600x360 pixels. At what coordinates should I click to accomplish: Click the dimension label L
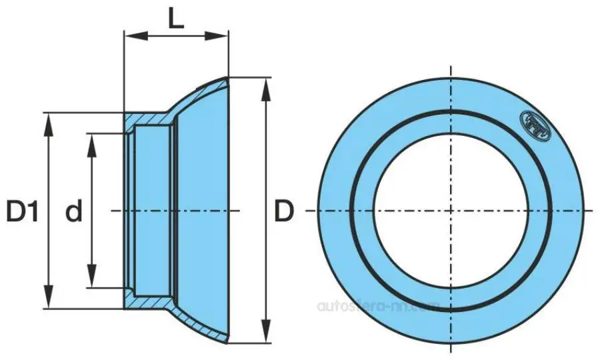175,17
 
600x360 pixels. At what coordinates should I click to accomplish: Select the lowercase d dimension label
74,213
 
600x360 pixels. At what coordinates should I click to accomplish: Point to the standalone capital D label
284,213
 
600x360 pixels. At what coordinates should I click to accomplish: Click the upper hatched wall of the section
150,118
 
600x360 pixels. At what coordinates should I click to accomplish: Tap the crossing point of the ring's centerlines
452,211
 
